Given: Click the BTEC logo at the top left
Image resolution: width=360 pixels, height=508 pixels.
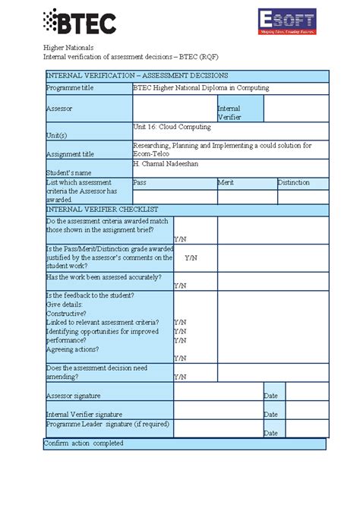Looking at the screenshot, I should tap(80, 22).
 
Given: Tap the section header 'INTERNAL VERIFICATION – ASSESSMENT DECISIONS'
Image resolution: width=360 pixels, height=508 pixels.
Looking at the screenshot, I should tap(136, 76).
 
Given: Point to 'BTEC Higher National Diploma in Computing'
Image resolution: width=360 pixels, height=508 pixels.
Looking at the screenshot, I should tap(201, 88).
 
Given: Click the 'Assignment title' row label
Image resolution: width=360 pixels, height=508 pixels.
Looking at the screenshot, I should tap(71, 153).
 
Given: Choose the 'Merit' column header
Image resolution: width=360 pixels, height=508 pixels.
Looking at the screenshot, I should tap(226, 183).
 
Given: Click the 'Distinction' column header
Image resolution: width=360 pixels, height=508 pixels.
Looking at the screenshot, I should tap(293, 183).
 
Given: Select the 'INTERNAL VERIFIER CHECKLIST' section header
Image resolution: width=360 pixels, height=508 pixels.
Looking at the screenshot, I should tap(102, 208).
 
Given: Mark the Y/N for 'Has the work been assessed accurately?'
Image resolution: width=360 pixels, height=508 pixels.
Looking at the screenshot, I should tap(180, 286).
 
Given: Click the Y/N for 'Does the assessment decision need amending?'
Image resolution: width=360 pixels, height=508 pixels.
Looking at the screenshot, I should tap(180, 376).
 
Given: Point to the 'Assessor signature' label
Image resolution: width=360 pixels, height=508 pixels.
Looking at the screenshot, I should tap(73, 396).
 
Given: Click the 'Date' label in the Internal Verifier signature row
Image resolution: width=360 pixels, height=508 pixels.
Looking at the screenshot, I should tap(270, 415).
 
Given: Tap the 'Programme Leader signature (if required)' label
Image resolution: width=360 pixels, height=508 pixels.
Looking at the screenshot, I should tap(107, 424).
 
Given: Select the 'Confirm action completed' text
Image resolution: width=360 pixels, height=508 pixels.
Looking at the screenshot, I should tap(84, 443).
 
